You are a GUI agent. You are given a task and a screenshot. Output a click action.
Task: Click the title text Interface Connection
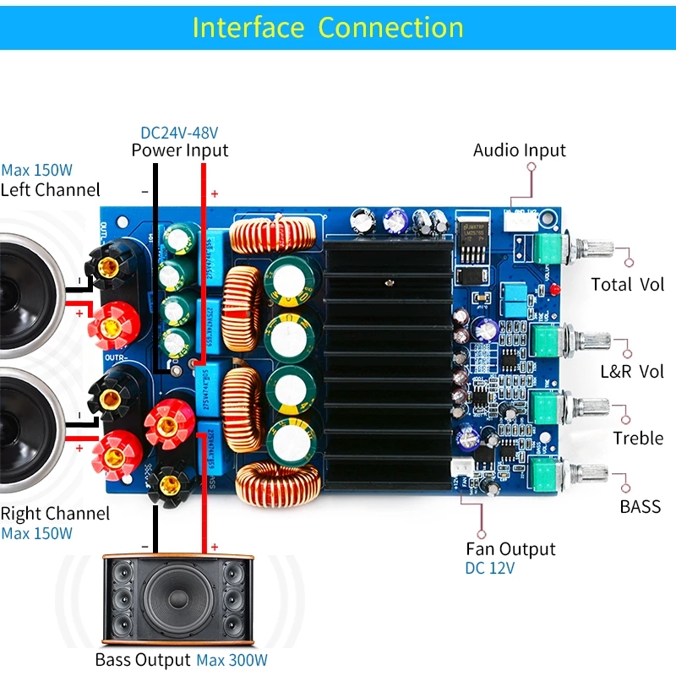click(328, 27)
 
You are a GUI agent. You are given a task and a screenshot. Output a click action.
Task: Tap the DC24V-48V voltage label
click(179, 133)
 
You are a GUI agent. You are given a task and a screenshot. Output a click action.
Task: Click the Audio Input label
click(519, 150)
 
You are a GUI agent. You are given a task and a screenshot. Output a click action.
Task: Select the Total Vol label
click(627, 284)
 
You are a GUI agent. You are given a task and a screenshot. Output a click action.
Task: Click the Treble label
click(638, 438)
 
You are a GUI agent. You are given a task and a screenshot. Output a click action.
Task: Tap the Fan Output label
click(510, 549)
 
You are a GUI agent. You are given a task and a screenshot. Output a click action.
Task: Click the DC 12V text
click(489, 568)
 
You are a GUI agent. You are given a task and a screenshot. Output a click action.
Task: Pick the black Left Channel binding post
click(107, 269)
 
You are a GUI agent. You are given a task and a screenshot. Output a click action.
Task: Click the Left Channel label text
click(50, 189)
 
